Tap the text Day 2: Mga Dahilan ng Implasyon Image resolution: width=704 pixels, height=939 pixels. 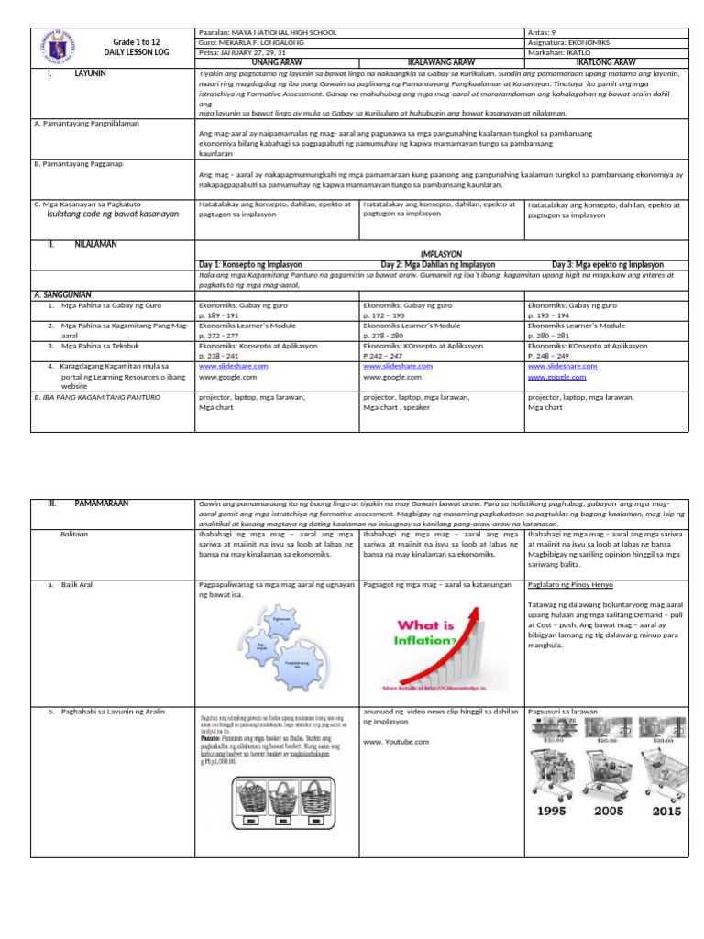click(438, 263)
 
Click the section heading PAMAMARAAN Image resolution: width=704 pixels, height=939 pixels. click(102, 503)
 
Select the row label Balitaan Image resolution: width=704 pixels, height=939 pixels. click(74, 533)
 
